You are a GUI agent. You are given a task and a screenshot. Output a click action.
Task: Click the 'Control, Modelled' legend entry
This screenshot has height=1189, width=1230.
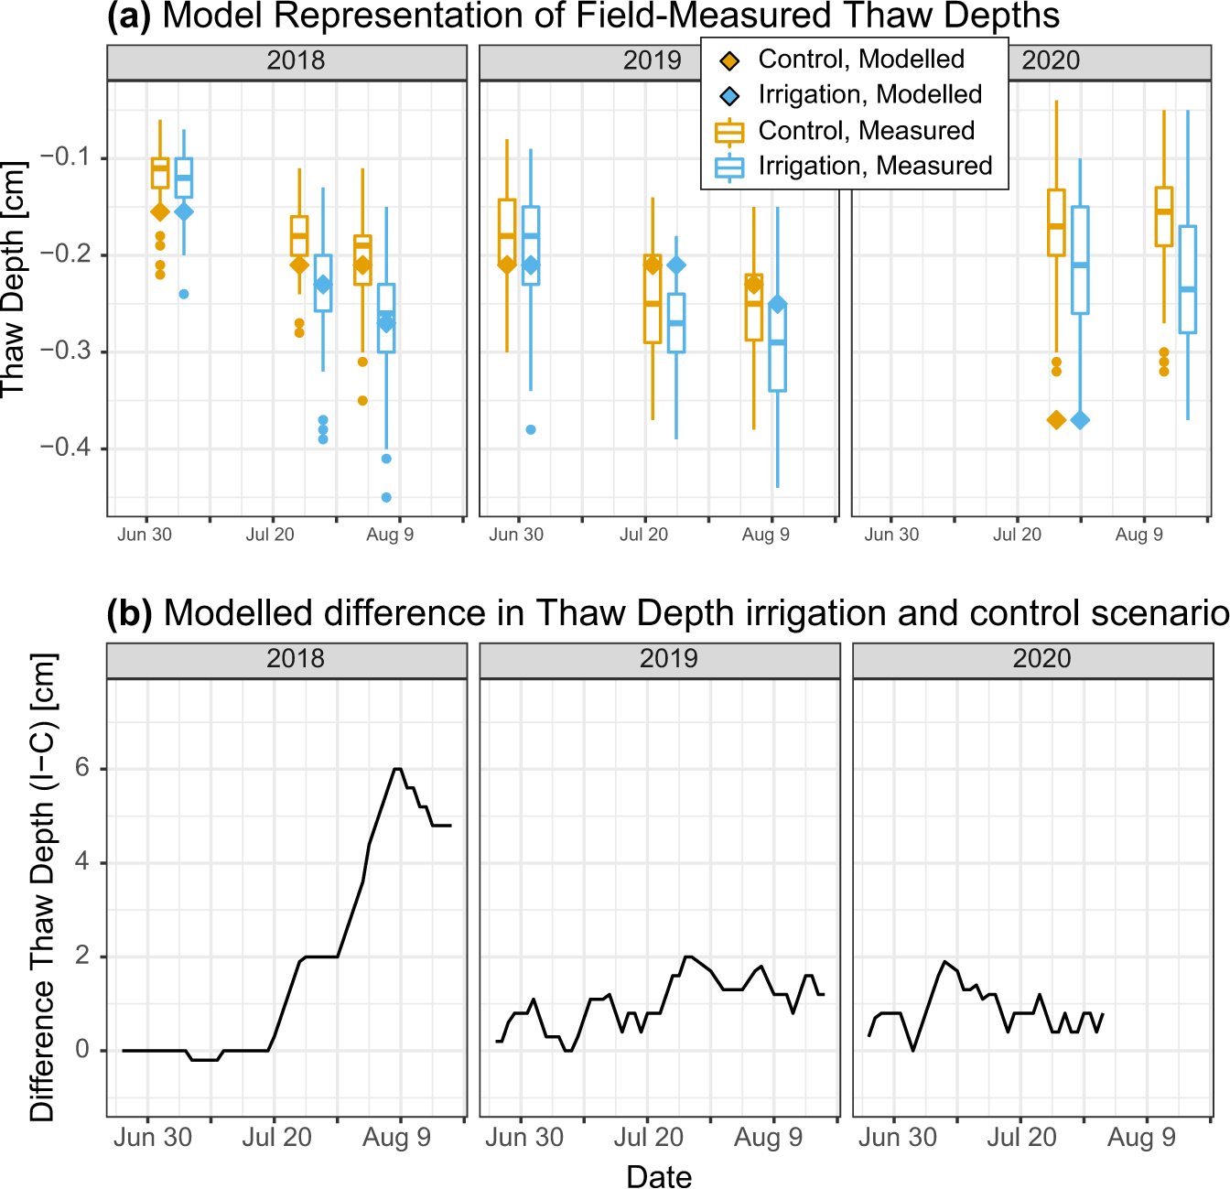(x=860, y=59)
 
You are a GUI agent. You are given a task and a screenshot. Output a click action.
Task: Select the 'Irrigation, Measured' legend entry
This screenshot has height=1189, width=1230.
(x=874, y=166)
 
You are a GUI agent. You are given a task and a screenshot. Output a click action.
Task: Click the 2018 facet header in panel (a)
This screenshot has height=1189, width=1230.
(x=296, y=60)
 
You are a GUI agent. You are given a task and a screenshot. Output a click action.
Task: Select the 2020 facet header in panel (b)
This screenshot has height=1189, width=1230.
(x=1041, y=659)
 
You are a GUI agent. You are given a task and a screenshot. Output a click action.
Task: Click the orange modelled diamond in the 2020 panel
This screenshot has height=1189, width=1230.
(x=1056, y=420)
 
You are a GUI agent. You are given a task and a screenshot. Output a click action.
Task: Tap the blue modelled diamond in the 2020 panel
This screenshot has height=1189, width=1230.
(x=1080, y=420)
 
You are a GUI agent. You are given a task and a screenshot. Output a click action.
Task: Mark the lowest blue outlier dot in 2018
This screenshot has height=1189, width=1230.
(x=386, y=497)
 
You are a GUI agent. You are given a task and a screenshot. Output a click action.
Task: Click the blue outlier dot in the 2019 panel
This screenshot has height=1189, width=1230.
(x=531, y=429)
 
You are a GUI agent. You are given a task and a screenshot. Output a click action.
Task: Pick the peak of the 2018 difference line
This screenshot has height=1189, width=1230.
(x=397, y=769)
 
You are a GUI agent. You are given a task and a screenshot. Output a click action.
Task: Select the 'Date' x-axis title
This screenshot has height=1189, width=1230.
(x=659, y=1176)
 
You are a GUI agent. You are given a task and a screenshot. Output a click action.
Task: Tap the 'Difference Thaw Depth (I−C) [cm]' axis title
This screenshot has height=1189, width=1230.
(x=42, y=886)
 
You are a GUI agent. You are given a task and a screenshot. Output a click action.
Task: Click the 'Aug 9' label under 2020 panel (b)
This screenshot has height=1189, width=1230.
(x=1141, y=1138)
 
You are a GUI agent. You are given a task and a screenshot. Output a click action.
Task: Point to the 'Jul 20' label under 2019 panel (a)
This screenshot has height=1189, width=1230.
(x=643, y=535)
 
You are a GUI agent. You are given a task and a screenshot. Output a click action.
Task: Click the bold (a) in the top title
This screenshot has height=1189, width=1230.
(x=129, y=16)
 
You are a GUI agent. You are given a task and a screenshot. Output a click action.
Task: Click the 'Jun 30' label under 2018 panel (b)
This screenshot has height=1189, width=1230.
(x=153, y=1138)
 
